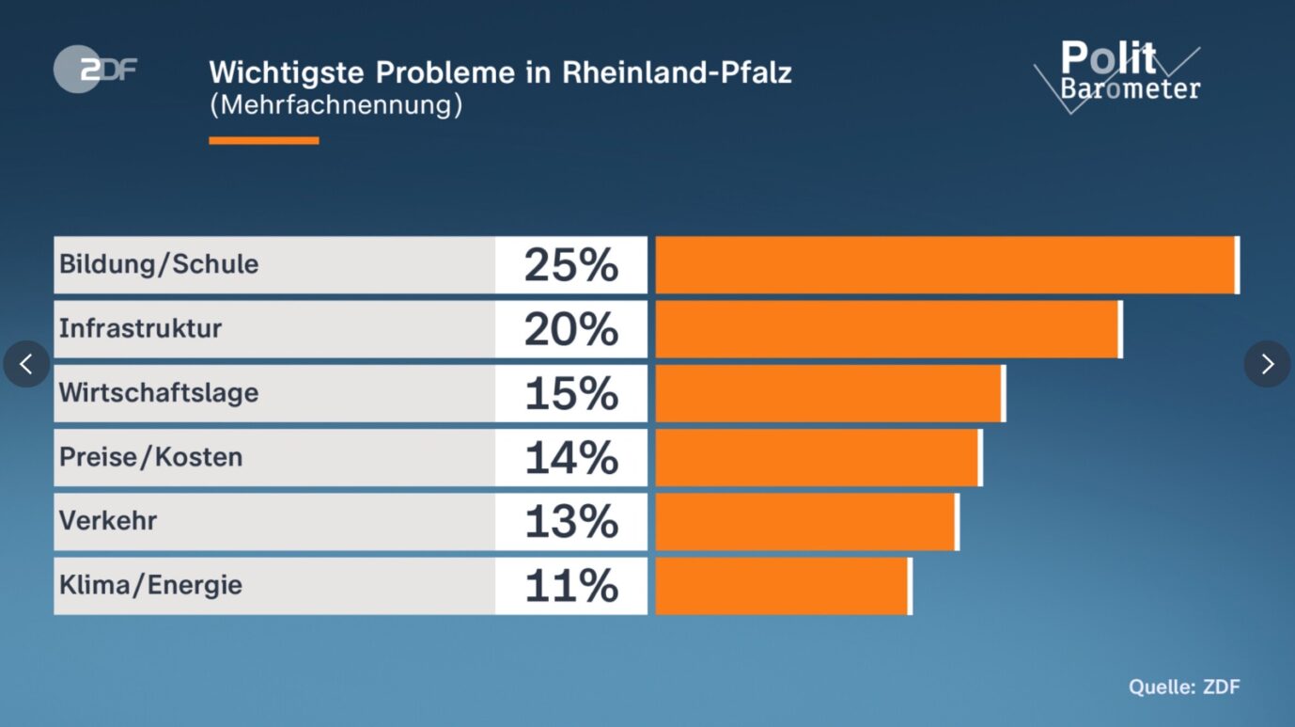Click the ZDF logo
(94, 70)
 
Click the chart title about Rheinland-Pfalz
(500, 72)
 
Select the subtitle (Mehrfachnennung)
(335, 104)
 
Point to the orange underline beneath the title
(263, 140)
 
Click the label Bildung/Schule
(159, 264)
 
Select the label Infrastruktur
(141, 328)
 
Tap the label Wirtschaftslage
(159, 392)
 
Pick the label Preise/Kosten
(151, 457)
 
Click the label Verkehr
(108, 520)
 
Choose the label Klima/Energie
(151, 585)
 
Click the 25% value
(571, 265)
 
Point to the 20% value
(571, 329)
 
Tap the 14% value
(571, 458)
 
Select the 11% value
(571, 586)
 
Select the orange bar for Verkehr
(806, 522)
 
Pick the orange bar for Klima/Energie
(783, 586)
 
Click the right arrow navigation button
(1267, 364)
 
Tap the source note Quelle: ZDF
(1184, 687)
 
